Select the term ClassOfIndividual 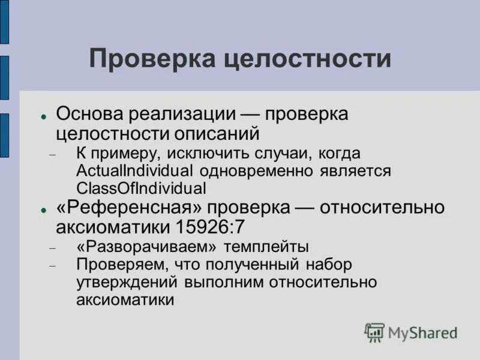tap(141, 188)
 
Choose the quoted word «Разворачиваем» tap(150, 246)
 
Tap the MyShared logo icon tap(374, 332)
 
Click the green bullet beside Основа tap(44, 115)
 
